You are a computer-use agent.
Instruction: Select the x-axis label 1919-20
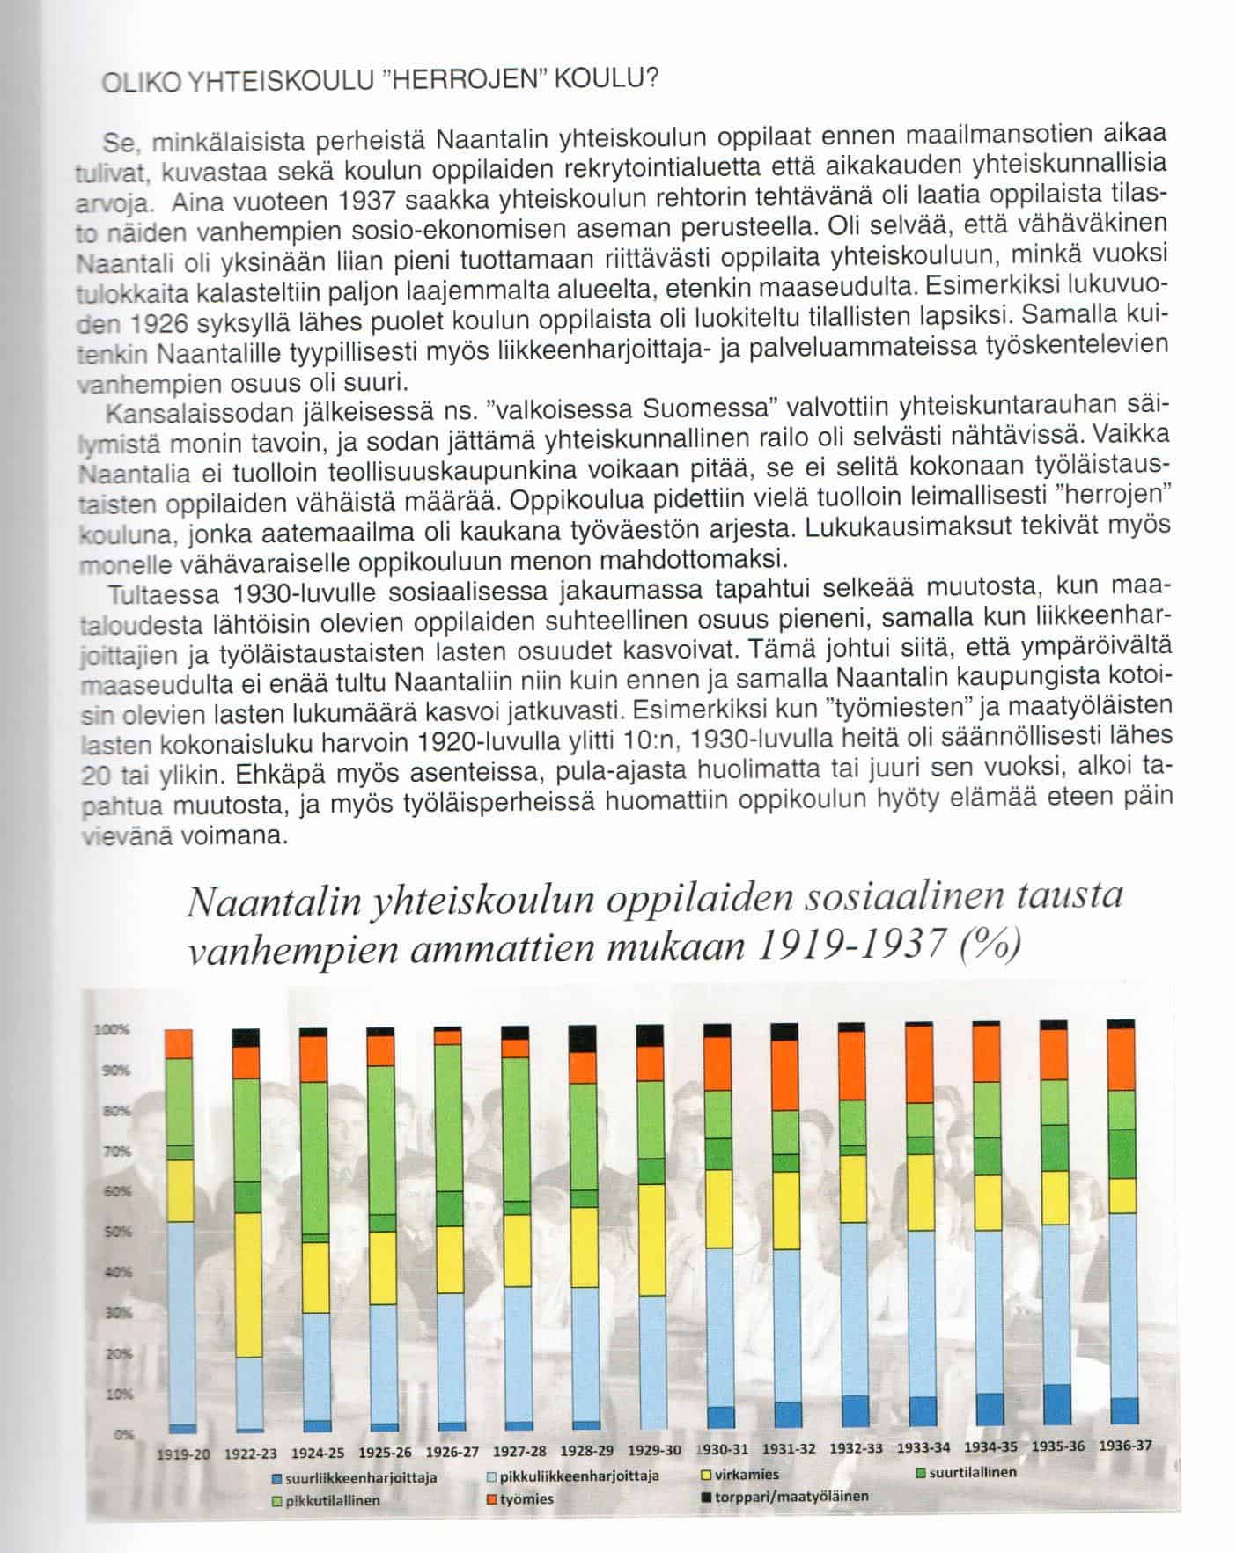182,1454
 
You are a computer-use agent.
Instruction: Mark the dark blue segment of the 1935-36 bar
1054,1405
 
